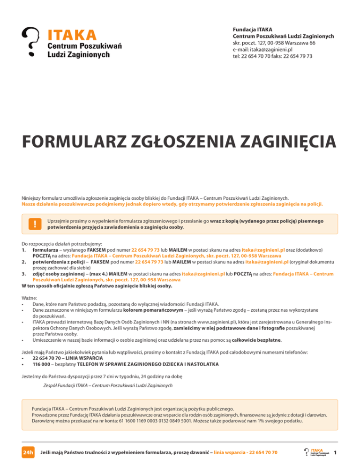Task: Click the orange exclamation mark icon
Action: (x=35, y=225)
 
